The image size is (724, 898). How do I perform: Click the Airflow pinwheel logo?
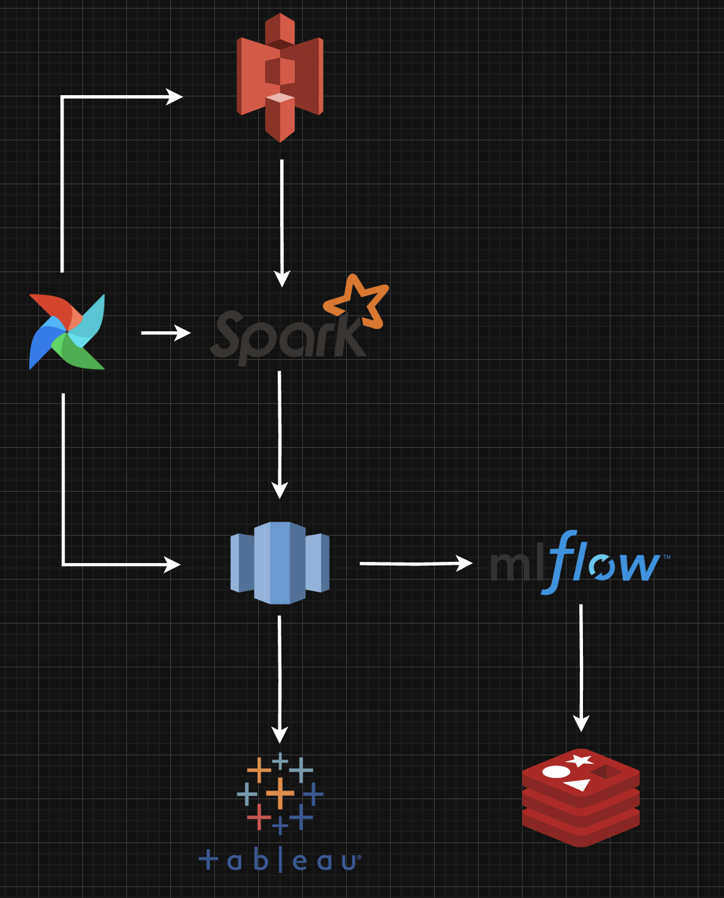[67, 332]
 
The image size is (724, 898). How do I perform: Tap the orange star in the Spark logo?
[358, 301]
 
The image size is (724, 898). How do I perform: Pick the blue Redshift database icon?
[280, 562]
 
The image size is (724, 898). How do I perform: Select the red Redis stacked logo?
[581, 797]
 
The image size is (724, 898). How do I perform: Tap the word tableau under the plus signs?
[280, 860]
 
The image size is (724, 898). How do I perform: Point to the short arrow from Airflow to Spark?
[165, 332]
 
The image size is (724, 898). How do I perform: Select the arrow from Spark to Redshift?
[280, 433]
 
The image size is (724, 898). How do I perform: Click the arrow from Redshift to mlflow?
[415, 563]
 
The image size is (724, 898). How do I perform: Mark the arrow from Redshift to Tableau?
[280, 677]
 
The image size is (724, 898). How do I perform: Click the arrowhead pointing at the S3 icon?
[175, 97]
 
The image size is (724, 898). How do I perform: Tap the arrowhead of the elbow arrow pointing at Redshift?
[173, 564]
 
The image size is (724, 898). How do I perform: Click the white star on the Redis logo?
[579, 761]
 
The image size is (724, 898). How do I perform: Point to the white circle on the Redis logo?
[556, 772]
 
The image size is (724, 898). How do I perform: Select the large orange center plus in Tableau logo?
[280, 793]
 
